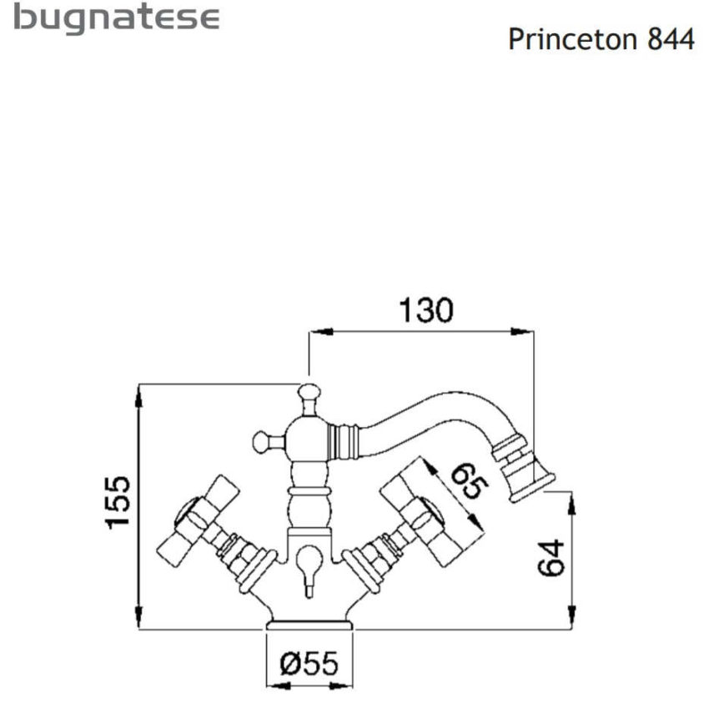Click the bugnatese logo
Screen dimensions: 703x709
tap(117, 19)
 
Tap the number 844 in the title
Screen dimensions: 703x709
tap(671, 39)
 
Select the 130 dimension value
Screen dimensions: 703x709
tap(425, 310)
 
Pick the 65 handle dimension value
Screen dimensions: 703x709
tap(466, 482)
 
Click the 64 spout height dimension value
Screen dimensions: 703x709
tap(551, 556)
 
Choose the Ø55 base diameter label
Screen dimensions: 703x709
tap(309, 665)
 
